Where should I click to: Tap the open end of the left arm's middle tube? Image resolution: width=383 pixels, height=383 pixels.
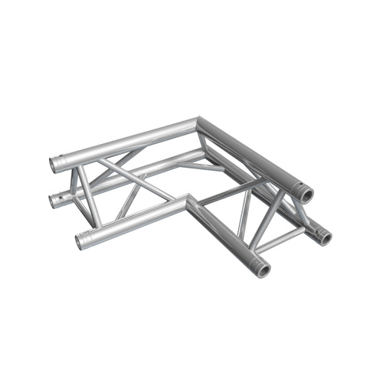coord(55,202)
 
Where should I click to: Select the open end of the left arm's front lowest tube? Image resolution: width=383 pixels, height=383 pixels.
coord(80,243)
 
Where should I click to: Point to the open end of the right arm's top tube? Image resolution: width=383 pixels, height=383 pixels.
coord(308,195)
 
